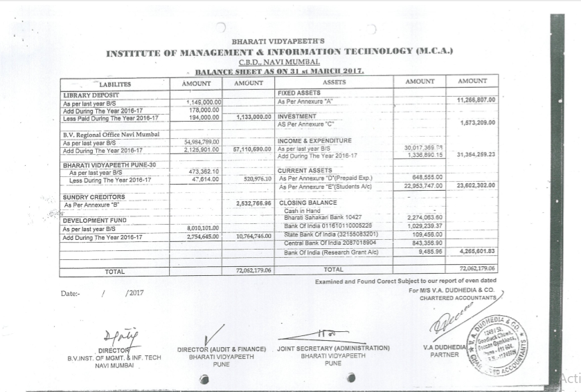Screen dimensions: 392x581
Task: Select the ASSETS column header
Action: tap(334, 82)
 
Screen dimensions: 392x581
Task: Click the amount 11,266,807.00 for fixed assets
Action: tap(477, 100)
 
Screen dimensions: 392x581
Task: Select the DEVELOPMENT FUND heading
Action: tap(94, 221)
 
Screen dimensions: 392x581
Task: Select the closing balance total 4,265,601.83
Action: tap(477, 251)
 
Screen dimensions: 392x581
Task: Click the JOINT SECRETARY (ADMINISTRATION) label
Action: tap(333, 348)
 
